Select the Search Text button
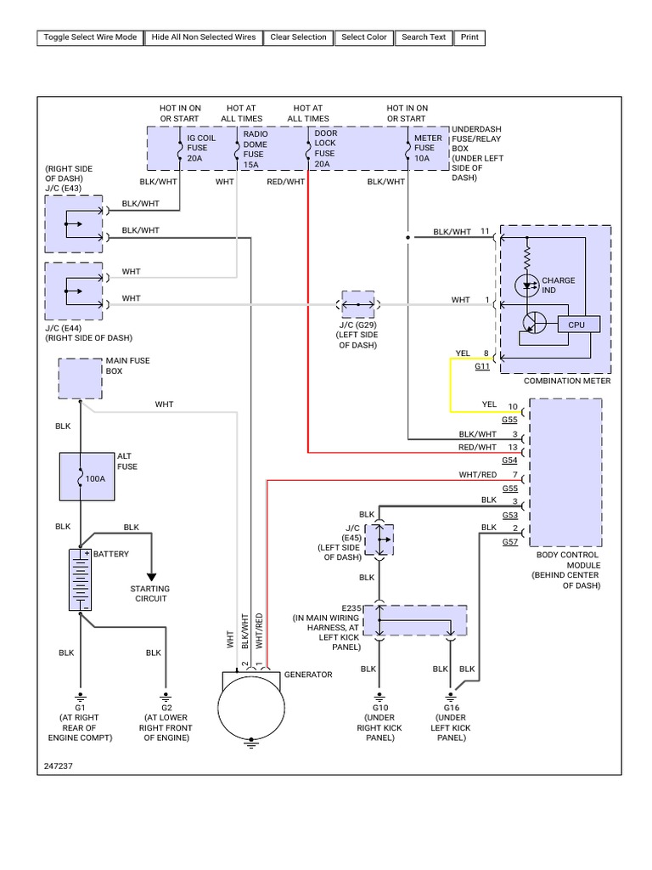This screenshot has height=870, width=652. point(424,37)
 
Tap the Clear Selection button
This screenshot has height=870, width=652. point(298,37)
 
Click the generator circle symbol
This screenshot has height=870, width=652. point(250,708)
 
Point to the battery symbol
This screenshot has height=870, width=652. point(81,579)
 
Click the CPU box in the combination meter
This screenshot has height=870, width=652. point(577,324)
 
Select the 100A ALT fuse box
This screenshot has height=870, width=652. point(81,476)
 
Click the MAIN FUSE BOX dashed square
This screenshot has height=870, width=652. point(80,378)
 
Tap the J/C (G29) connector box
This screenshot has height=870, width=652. point(357,302)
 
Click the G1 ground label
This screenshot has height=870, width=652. point(81,707)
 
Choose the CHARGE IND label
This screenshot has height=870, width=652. point(558,285)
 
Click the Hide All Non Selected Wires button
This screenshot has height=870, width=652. point(203,37)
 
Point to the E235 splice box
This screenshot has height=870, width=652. point(415,620)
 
